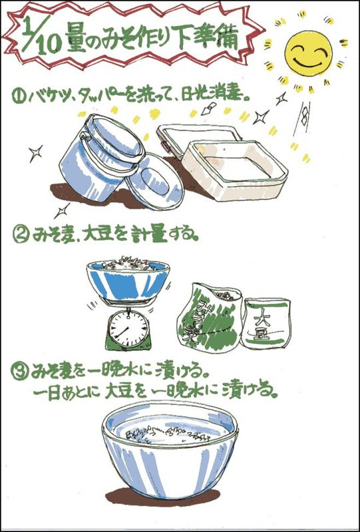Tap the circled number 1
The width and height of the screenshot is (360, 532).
17,96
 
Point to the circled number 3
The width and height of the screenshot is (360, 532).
19,372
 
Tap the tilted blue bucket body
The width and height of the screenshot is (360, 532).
99,157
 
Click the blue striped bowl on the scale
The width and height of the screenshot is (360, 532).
128,279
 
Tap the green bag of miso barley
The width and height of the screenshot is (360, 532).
210,319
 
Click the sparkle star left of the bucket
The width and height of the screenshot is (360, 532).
35,154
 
